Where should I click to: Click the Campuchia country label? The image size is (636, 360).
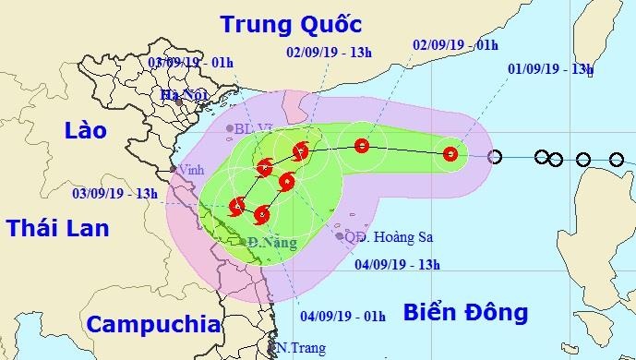(152, 324)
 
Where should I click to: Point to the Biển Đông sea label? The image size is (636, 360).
(464, 312)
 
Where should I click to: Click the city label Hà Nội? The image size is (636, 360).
(182, 94)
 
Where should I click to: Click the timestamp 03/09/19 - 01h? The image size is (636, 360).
(189, 64)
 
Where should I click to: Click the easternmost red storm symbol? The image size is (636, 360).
(450, 154)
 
